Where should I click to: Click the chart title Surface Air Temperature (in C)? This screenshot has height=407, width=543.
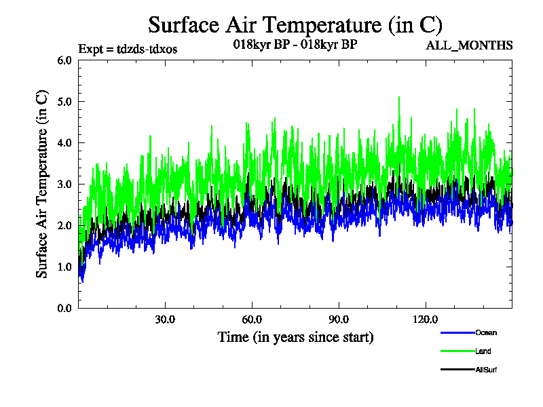pos(295,25)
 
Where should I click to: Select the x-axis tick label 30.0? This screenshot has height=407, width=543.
pos(165,319)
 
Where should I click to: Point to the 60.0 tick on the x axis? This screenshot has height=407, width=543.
pos(252,319)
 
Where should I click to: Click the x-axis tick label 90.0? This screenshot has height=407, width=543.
pos(339,319)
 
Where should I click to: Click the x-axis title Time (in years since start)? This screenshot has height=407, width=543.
pos(295,336)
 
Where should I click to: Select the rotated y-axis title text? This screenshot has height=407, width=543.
pos(42,184)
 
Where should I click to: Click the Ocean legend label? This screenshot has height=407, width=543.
pos(485,332)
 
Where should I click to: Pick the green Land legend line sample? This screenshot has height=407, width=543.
pos(457,351)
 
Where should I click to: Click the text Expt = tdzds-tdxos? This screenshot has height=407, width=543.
pos(128,48)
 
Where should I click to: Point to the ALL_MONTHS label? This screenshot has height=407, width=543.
pos(469,45)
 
